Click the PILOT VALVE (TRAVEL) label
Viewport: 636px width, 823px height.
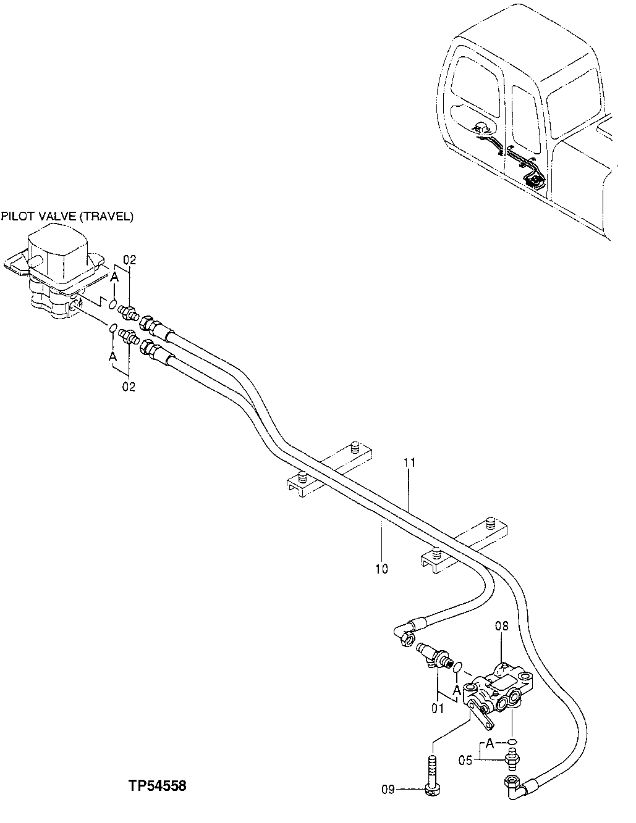coord(67,217)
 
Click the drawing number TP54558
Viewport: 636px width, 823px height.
coord(157,786)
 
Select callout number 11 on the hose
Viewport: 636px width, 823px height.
coord(410,462)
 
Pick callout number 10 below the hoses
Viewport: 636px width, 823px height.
coord(381,569)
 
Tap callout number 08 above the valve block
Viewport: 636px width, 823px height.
coord(501,627)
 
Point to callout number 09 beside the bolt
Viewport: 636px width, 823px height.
coord(388,788)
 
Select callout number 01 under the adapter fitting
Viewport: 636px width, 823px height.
coord(438,709)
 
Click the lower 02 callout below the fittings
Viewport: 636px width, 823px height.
coord(129,386)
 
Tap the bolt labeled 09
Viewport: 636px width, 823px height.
coord(432,772)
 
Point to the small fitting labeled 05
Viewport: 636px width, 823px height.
coord(512,756)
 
